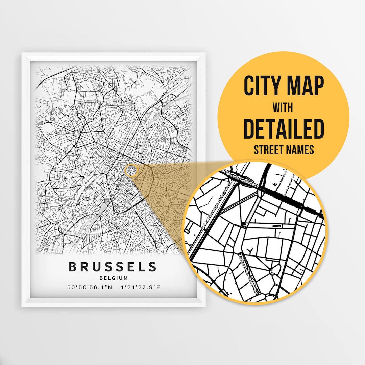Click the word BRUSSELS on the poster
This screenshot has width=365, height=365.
click(x=113, y=267)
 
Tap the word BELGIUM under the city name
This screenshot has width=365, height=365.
click(x=114, y=278)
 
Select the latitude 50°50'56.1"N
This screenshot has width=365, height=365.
click(x=89, y=288)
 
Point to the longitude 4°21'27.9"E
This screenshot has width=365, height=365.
click(x=139, y=288)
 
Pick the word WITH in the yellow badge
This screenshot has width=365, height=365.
click(x=283, y=108)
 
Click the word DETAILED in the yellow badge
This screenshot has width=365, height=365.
click(x=284, y=129)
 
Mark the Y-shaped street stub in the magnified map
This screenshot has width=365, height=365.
click(x=250, y=250)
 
